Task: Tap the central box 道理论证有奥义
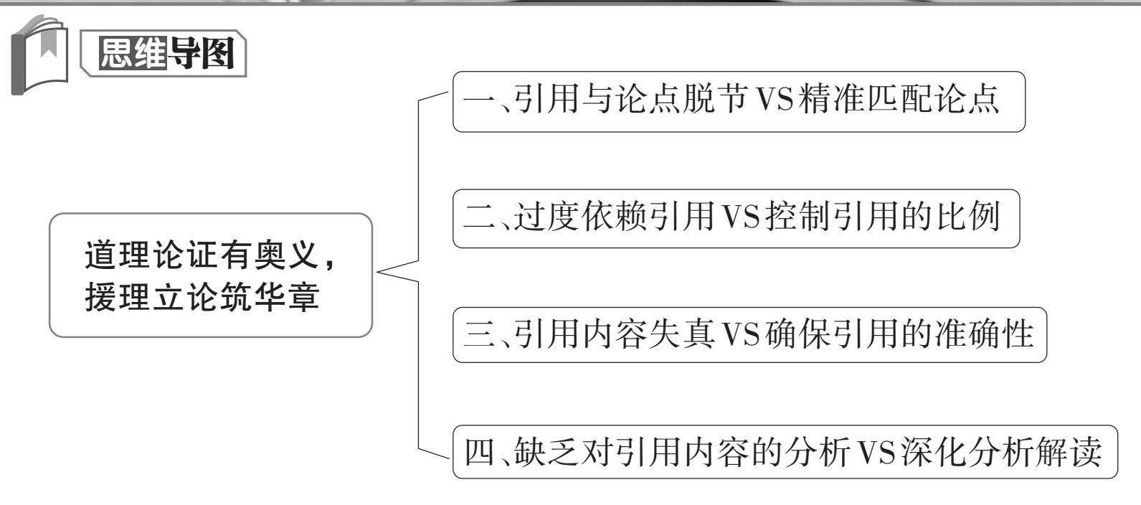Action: [x=210, y=275]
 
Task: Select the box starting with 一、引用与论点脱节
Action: [x=738, y=101]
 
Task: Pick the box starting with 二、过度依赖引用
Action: [x=735, y=219]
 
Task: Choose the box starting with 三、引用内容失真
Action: [x=749, y=335]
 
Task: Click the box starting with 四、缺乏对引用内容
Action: [x=785, y=453]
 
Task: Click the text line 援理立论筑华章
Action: [x=202, y=298]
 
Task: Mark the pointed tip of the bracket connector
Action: [x=378, y=272]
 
